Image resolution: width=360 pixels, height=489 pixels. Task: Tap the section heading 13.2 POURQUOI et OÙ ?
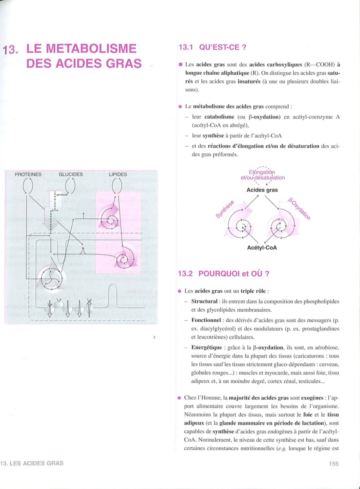coord(224,274)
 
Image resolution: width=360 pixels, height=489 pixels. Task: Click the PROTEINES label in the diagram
coord(28,174)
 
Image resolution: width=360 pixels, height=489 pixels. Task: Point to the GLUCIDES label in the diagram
coord(71,174)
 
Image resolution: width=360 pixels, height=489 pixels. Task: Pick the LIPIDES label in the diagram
coord(118,174)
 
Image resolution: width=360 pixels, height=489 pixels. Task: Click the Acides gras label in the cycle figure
coord(262,190)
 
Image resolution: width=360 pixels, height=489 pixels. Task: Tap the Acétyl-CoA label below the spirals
coord(262,248)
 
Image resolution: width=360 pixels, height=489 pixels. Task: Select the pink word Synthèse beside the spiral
coord(225,209)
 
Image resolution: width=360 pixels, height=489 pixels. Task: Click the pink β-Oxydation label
coord(299,209)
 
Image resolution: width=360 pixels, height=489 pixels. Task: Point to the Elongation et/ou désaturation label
coord(263,175)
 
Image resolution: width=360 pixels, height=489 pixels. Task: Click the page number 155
coord(334,464)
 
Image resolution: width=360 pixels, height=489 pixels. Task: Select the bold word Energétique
coord(206,347)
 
